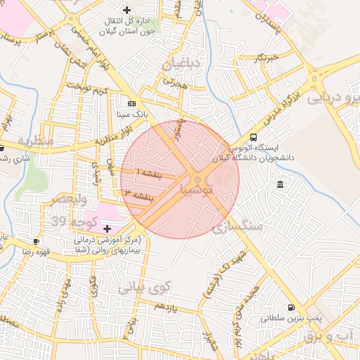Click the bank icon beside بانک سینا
[x=122, y=103]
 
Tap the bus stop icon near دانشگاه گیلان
[x=253, y=138]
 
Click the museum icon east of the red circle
[x=281, y=184]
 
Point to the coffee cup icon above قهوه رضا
[x=36, y=241]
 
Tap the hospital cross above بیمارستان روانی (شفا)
[x=107, y=229]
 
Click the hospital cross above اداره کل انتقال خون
[x=127, y=10]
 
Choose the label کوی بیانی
[x=144, y=287]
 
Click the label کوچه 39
[x=67, y=221]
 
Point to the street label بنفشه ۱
[x=148, y=173]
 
